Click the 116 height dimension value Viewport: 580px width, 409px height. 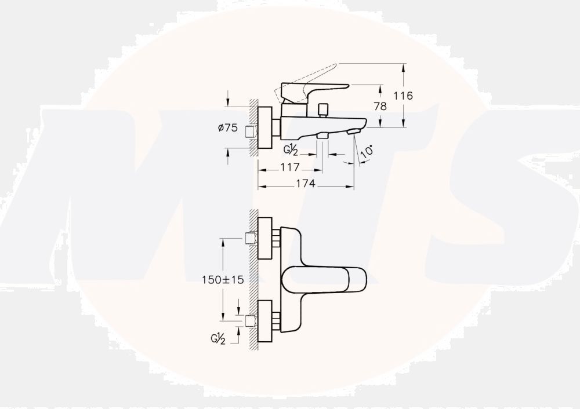coord(403,96)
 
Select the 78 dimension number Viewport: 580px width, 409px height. coord(380,107)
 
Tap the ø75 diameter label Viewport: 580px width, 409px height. coord(228,128)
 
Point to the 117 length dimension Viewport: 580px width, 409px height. coord(290,167)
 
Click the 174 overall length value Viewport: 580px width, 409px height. coord(306,183)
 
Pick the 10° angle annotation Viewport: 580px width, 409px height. coord(366,152)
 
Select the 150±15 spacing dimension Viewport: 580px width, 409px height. coord(223,280)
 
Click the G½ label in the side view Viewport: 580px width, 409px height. coord(291,150)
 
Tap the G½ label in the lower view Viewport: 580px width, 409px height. coord(218,338)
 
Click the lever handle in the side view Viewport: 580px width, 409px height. coord(314,91)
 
